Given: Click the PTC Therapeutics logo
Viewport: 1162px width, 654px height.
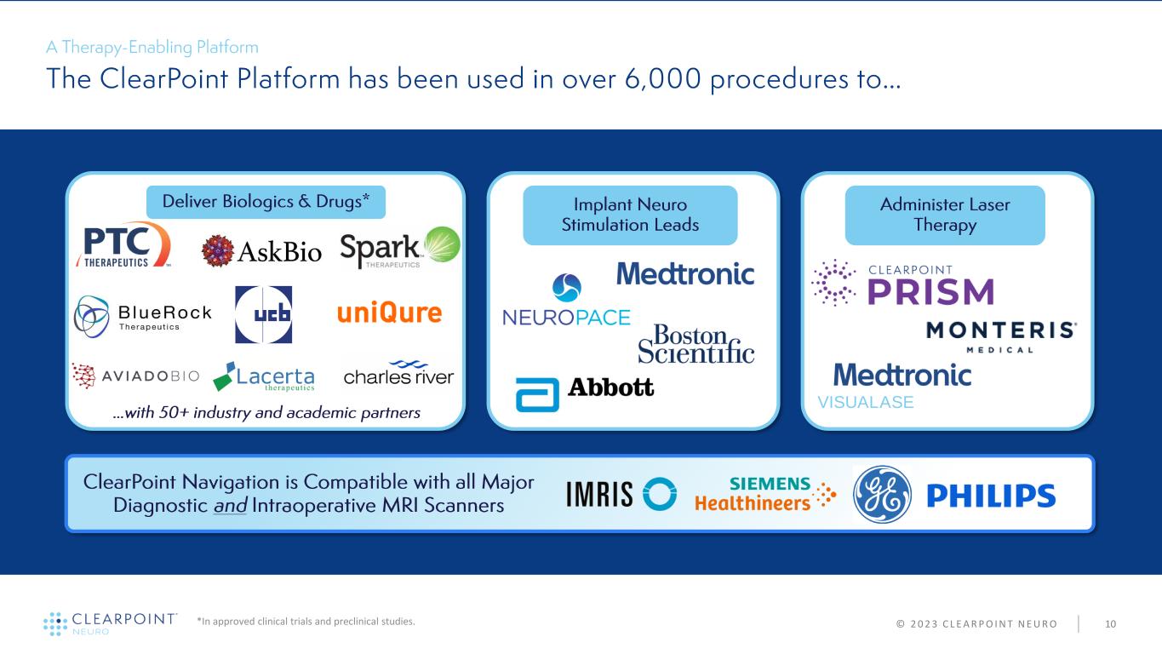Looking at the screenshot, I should click(123, 244).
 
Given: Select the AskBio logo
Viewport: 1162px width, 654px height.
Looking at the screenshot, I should click(261, 251).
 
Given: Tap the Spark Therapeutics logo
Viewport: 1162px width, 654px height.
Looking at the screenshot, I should click(399, 248).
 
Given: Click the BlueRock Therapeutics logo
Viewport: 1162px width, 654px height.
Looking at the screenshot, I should click(142, 317).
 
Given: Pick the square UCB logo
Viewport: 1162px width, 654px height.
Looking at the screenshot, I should click(263, 314).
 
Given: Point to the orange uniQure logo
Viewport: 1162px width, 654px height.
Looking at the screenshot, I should click(389, 313).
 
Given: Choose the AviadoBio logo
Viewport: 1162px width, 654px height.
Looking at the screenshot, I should click(135, 376).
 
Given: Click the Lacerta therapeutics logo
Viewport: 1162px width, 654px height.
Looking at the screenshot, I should click(264, 376).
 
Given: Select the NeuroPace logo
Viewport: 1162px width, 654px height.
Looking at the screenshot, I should click(566, 301).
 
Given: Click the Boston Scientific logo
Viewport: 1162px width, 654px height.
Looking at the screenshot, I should click(696, 343).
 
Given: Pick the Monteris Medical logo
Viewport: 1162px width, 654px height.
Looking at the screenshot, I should click(1001, 336).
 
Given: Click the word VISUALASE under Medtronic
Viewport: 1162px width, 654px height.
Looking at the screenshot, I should click(865, 402).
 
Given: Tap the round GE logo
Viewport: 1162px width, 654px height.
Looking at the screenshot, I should click(882, 495).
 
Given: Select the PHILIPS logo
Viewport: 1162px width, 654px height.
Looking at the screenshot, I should click(990, 496).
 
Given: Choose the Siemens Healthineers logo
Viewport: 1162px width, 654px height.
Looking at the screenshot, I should click(765, 494).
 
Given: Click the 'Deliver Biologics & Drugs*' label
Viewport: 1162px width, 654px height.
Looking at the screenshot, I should click(266, 202).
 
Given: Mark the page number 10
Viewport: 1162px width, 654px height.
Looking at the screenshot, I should click(1110, 624).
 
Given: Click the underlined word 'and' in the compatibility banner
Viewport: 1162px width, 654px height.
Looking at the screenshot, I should click(230, 505).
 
